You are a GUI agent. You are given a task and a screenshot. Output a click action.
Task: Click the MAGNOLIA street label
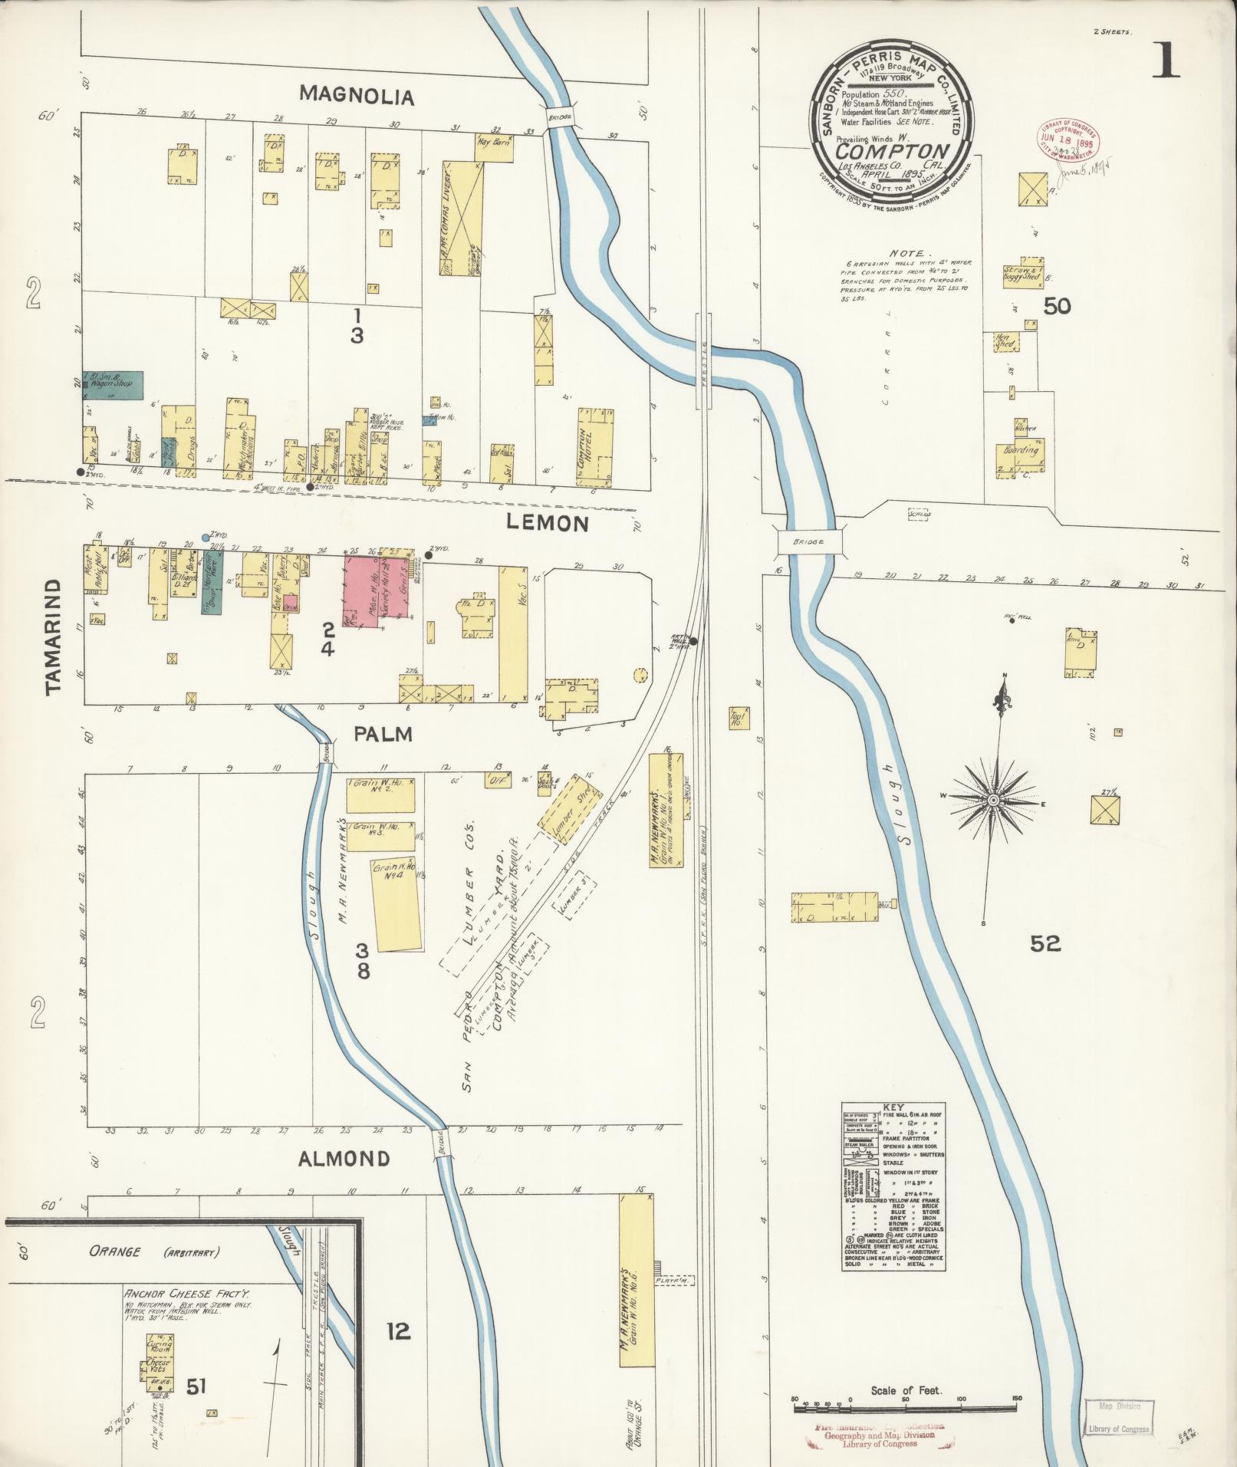pyautogui.click(x=357, y=96)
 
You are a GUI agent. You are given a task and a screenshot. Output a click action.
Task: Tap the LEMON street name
pyautogui.click(x=548, y=524)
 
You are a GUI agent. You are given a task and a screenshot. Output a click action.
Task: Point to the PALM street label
pyautogui.click(x=383, y=734)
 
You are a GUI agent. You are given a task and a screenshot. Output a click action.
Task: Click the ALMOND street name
pyautogui.click(x=344, y=1158)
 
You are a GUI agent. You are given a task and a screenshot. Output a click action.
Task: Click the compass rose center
pyautogui.click(x=993, y=801)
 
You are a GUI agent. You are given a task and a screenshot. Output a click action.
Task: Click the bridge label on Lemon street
pyautogui.click(x=808, y=541)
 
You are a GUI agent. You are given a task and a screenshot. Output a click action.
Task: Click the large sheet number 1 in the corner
pyautogui.click(x=1165, y=62)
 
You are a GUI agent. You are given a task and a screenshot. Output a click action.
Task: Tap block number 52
pyautogui.click(x=1045, y=944)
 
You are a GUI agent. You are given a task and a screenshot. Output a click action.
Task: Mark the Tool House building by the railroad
pyautogui.click(x=739, y=719)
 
